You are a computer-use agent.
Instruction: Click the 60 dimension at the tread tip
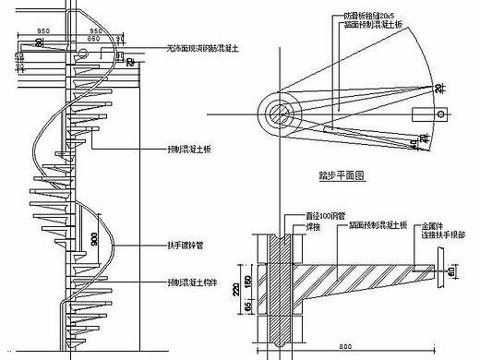coord(450,272)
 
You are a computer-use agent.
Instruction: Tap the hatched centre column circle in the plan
coord(279,114)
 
